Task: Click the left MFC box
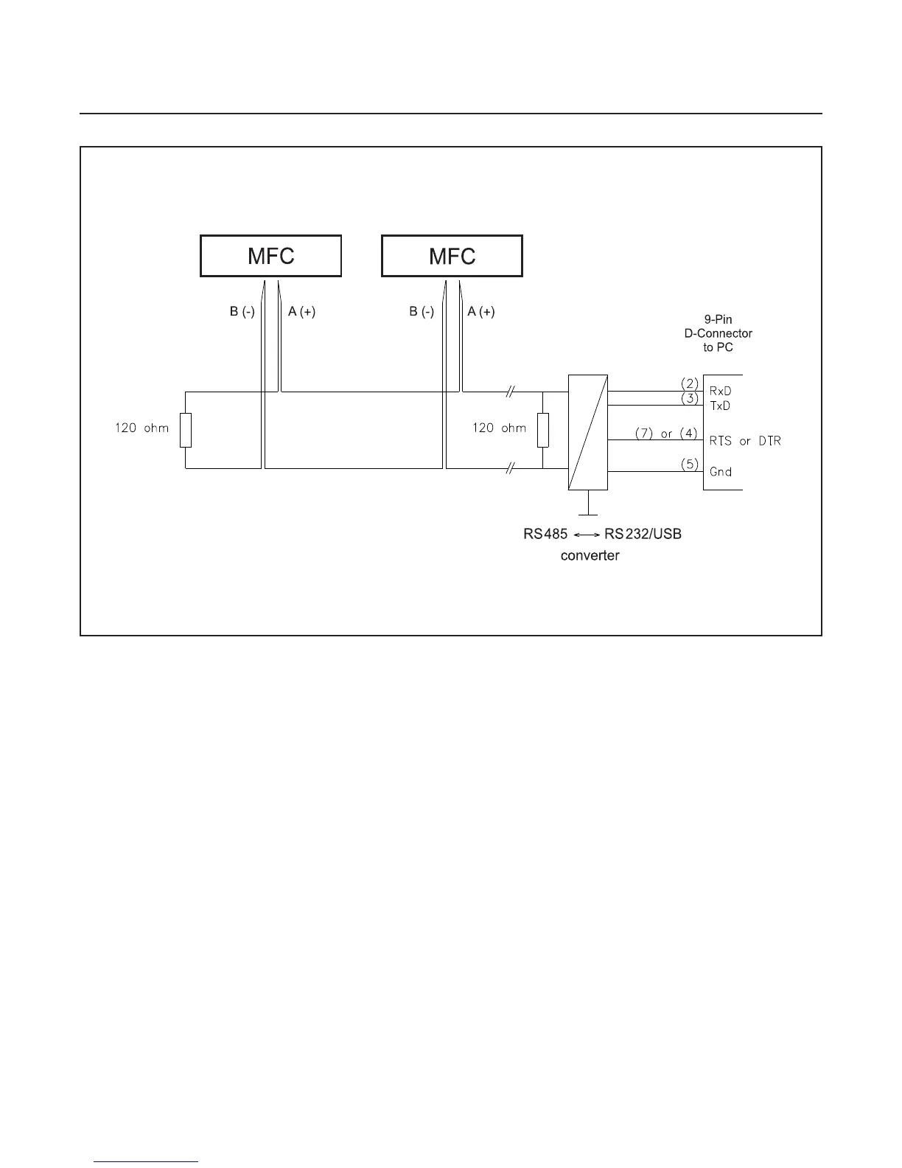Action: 270,256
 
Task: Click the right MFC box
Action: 452,256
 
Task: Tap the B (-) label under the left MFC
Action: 242,312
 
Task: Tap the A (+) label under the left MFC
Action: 302,312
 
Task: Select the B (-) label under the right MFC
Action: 422,312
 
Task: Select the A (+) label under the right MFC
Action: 482,312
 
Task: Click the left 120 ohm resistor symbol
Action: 186,431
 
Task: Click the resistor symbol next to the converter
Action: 543,431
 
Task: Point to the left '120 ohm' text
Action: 141,428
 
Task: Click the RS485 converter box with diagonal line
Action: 588,432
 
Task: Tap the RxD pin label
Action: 720,391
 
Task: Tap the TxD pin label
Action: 720,406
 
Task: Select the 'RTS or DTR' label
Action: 744,441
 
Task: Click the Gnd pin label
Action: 720,472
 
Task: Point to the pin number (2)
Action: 689,383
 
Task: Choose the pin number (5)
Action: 689,465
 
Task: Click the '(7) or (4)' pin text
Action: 666,434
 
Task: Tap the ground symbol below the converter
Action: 588,509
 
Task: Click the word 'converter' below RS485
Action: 590,555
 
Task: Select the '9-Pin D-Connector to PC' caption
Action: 719,333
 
